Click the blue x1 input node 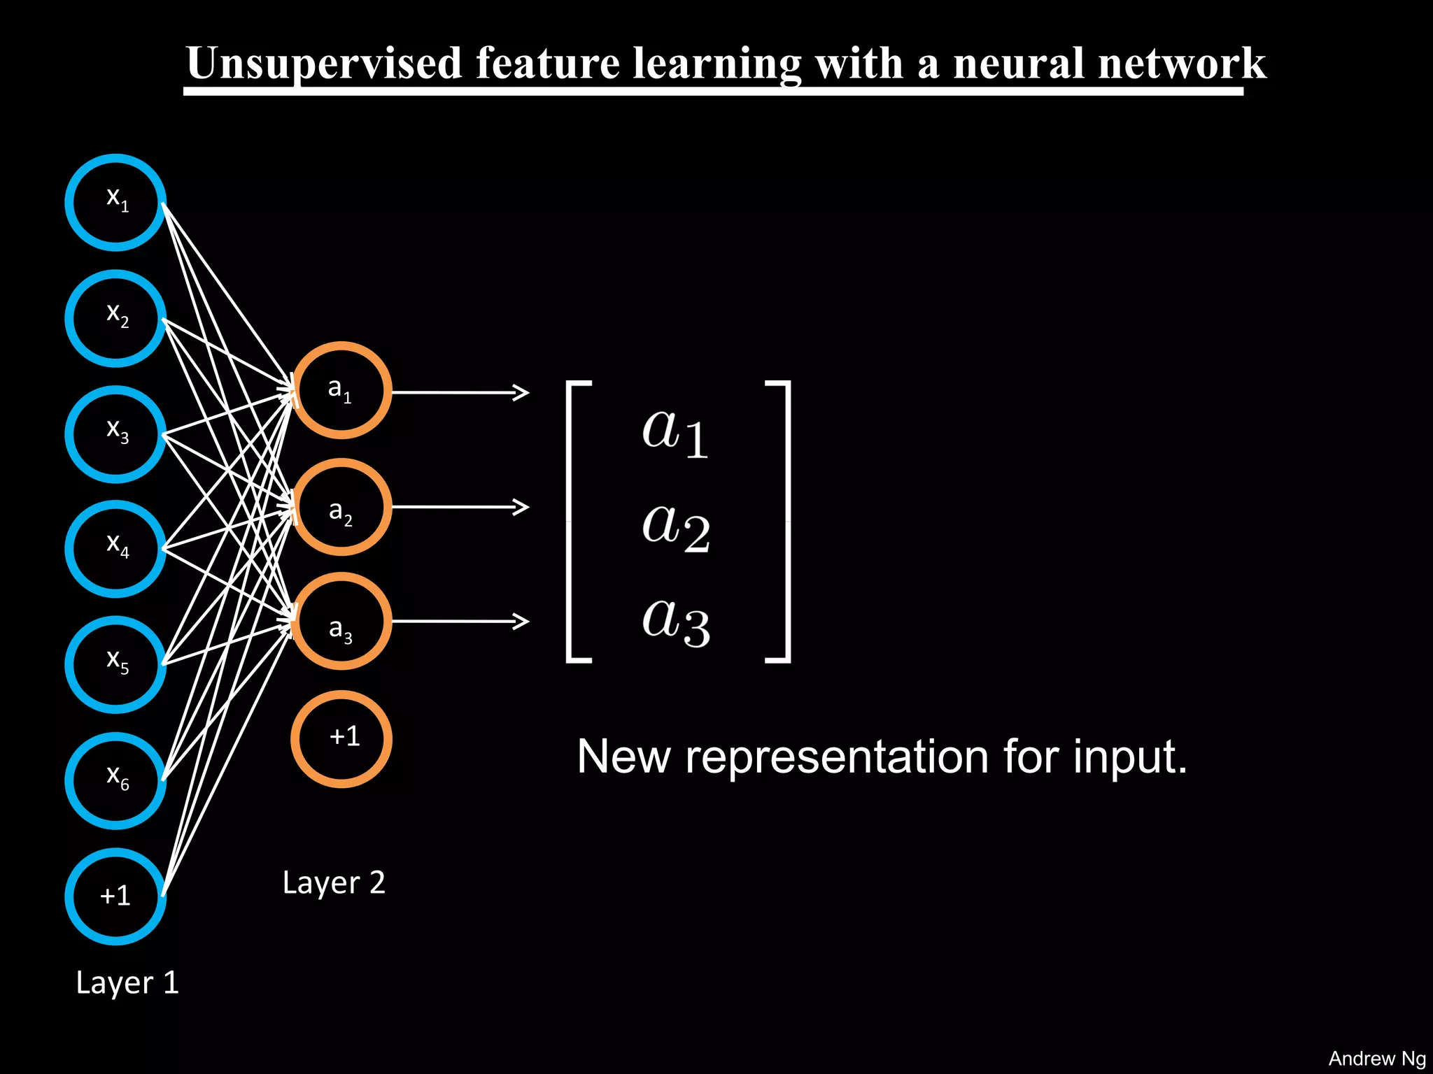click(115, 202)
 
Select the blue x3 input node click(115, 434)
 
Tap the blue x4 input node click(115, 549)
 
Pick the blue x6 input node click(115, 780)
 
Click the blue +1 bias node click(115, 896)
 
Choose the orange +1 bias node click(341, 739)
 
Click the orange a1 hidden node click(341, 390)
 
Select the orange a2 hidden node click(341, 507)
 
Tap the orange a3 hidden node click(341, 621)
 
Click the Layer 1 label click(127, 983)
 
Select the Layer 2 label click(334, 883)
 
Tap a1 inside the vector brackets click(676, 431)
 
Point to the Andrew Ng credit click(1376, 1058)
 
